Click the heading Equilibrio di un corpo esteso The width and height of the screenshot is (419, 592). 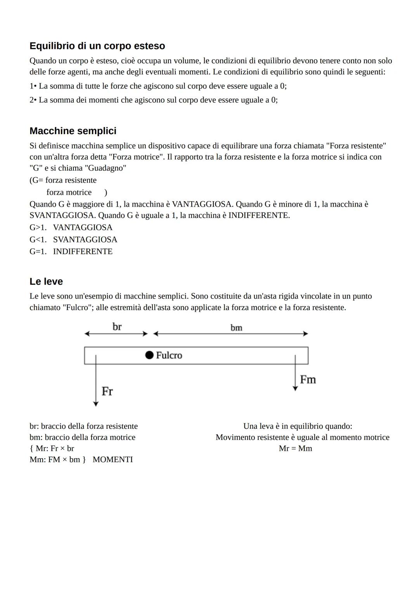pyautogui.click(x=97, y=46)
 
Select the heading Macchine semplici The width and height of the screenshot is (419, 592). pyautogui.click(x=73, y=131)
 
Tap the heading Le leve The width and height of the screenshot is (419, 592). pyautogui.click(x=46, y=281)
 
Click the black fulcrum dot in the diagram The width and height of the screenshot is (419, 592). pyautogui.click(x=149, y=355)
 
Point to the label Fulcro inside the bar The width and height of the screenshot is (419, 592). pyautogui.click(x=169, y=355)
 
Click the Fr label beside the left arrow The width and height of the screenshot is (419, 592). pyautogui.click(x=107, y=391)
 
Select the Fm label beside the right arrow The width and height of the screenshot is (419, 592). pyautogui.click(x=308, y=380)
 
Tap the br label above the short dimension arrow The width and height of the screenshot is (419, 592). pyautogui.click(x=117, y=327)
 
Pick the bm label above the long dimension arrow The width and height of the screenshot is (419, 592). pyautogui.click(x=236, y=328)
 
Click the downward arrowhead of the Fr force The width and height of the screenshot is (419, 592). pyautogui.click(x=96, y=404)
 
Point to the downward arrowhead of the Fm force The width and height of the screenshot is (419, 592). pyautogui.click(x=295, y=388)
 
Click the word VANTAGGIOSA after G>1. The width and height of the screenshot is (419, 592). pyautogui.click(x=83, y=227)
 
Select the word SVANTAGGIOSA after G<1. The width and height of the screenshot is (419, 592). pyautogui.click(x=85, y=240)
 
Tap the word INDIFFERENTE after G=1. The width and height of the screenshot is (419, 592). pyautogui.click(x=83, y=251)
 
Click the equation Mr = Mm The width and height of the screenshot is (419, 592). pyautogui.click(x=295, y=449)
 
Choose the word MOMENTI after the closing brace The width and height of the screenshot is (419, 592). pyautogui.click(x=113, y=459)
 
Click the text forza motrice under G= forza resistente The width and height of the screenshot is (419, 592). pyautogui.click(x=69, y=192)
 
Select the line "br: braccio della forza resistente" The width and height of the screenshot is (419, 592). pyautogui.click(x=83, y=426)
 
